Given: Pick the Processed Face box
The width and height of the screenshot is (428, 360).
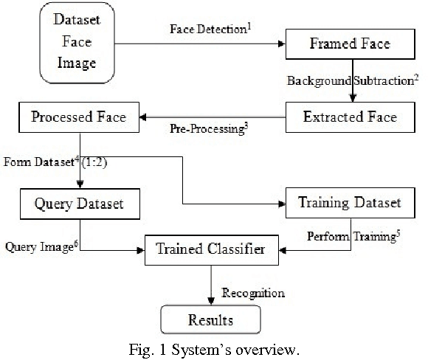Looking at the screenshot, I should [x=79, y=117].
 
